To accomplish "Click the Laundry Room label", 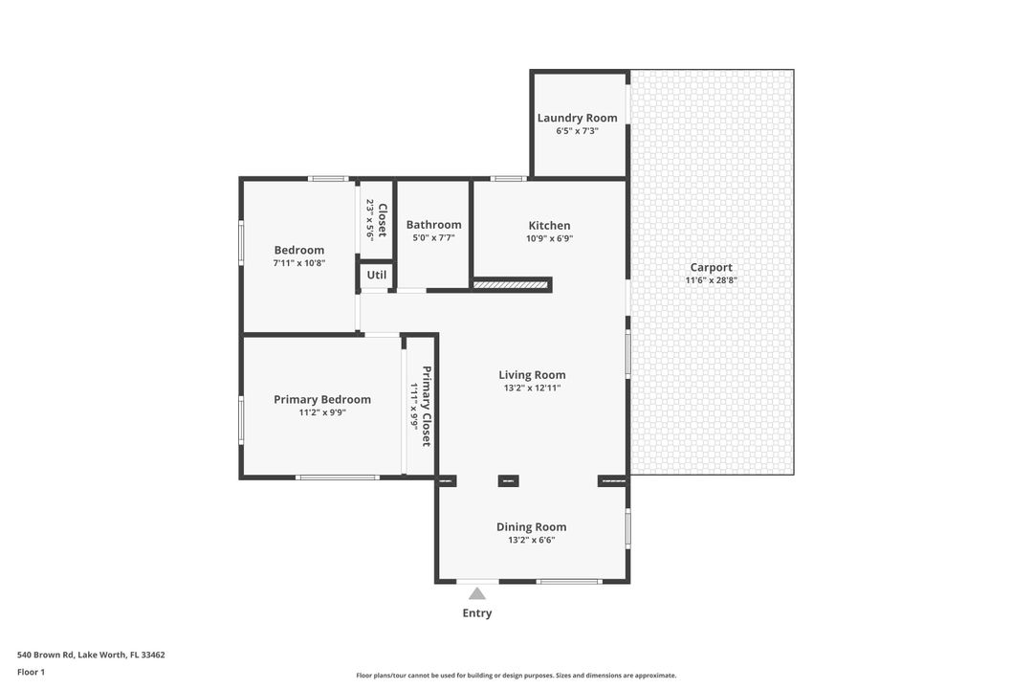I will [x=577, y=118].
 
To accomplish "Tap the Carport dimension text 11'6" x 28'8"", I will [x=711, y=280].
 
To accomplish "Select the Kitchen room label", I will [x=549, y=226].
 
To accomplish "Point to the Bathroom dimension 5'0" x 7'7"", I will [x=433, y=238].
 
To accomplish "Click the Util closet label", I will [x=377, y=276].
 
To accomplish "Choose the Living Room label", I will [x=532, y=375].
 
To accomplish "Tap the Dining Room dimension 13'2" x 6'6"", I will [x=531, y=540].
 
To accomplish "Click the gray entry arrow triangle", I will [x=476, y=593].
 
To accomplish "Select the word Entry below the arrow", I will [x=476, y=613].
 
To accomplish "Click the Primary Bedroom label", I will [x=321, y=399].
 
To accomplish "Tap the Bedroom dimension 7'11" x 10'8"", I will [x=299, y=262].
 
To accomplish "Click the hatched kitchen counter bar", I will [x=511, y=284].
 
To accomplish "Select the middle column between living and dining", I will [x=508, y=480].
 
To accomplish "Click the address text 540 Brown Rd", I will [x=91, y=655].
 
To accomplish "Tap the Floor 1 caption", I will [x=31, y=672].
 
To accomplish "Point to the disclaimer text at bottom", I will [x=516, y=676].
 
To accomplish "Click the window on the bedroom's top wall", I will [x=328, y=179].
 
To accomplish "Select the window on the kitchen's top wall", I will [x=508, y=179].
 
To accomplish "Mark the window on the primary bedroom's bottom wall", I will [x=337, y=477].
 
